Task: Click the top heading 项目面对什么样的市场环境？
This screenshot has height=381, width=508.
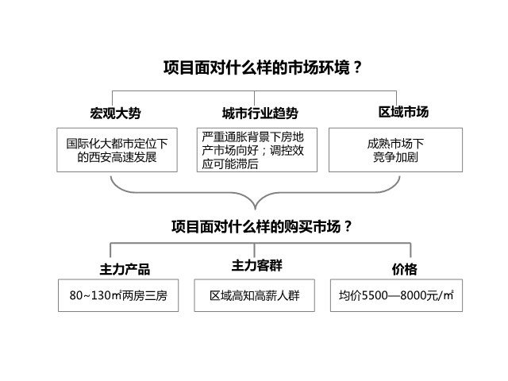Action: tap(263, 67)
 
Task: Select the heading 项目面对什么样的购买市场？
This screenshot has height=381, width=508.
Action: tap(261, 226)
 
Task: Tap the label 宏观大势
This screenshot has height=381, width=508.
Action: tap(115, 113)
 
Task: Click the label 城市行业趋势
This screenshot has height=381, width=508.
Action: tap(260, 113)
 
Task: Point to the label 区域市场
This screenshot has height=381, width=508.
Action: tap(403, 112)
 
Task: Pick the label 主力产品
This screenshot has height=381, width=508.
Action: tap(125, 269)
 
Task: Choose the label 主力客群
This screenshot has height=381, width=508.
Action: tap(257, 265)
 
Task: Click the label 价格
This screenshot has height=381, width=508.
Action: tap(404, 269)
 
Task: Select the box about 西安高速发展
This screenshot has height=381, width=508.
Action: tap(117, 150)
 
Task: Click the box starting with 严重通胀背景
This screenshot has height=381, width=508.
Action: tap(257, 150)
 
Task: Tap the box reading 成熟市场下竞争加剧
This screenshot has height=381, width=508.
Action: tap(395, 150)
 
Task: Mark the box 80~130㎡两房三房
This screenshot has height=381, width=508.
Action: tap(118, 295)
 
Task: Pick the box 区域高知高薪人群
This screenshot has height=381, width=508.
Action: tap(254, 295)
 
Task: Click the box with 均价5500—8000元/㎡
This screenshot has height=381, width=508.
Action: tap(396, 295)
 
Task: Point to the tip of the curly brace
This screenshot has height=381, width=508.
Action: tap(256, 210)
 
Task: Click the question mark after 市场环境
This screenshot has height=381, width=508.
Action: tap(357, 67)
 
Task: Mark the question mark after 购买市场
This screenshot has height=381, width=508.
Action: tap(348, 226)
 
